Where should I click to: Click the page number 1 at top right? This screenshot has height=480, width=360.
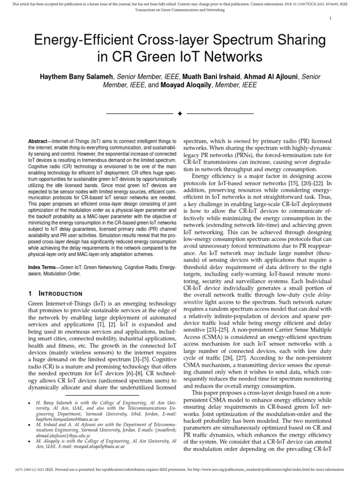[x=331, y=18]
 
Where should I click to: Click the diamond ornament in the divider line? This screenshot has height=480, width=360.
[x=180, y=114]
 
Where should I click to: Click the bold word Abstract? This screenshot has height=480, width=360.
[x=40, y=141]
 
